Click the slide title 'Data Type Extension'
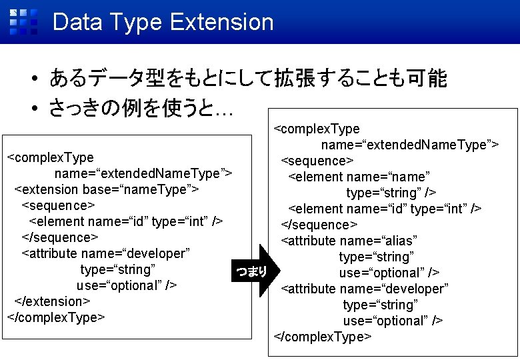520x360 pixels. click(x=163, y=22)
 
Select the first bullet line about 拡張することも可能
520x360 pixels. click(x=247, y=80)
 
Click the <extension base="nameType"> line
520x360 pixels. click(x=107, y=189)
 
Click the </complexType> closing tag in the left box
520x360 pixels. click(x=55, y=317)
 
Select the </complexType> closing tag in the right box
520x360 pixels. click(x=323, y=337)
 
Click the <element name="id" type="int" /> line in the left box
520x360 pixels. click(x=125, y=221)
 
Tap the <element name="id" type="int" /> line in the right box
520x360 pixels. click(x=385, y=209)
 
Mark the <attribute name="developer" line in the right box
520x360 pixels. click(x=365, y=289)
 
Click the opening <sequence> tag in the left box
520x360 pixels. click(x=59, y=205)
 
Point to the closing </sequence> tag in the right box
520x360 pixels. click(x=319, y=225)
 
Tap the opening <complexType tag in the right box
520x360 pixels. click(x=317, y=129)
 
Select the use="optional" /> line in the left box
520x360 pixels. click(x=127, y=285)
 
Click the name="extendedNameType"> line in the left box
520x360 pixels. click(x=143, y=173)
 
